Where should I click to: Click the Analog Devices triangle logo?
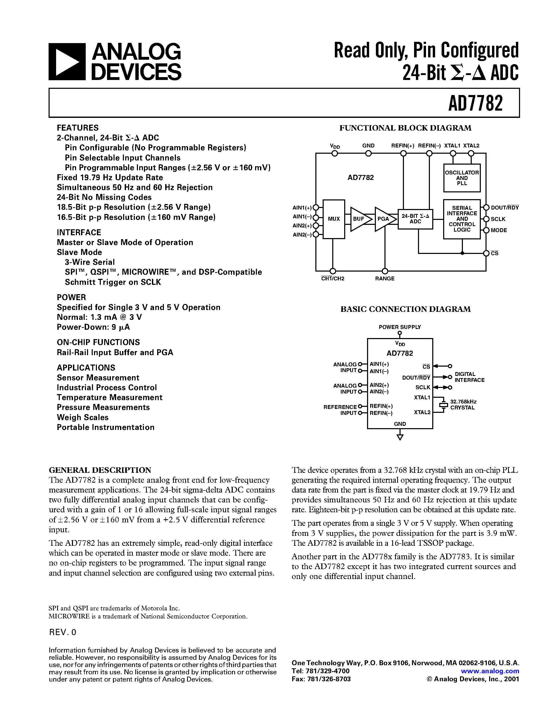tap(67, 62)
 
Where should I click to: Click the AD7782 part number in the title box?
tap(475, 103)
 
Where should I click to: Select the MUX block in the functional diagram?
tap(334, 219)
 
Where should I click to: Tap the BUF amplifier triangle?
tap(360, 219)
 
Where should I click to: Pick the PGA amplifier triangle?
tap(384, 219)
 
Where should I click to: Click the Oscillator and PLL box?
tap(462, 178)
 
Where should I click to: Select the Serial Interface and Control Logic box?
tap(462, 219)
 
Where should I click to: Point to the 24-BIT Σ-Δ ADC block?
tap(415, 219)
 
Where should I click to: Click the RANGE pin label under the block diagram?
tap(384, 279)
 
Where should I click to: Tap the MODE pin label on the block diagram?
tap(499, 230)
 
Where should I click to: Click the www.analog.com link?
tap(490, 671)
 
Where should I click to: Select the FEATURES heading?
tap(77, 128)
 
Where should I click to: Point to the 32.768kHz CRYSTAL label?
tap(463, 405)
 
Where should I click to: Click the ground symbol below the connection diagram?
tap(400, 437)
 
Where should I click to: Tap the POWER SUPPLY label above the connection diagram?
tap(400, 327)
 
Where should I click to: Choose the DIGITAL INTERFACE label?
tap(469, 377)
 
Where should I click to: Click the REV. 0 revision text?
tap(62, 632)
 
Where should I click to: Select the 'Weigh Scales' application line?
tap(83, 417)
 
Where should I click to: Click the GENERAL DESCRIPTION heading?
tap(100, 470)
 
